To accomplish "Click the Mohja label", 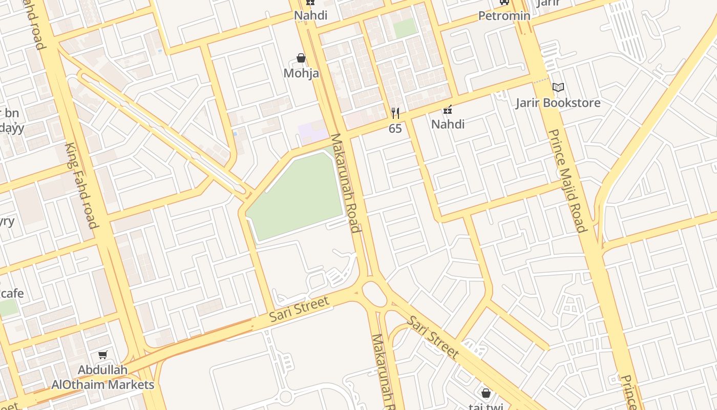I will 301,73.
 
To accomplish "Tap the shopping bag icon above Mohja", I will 301,58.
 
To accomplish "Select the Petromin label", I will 504,16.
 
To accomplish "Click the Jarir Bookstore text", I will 558,102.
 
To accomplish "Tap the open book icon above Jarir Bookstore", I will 558,88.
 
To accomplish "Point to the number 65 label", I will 395,129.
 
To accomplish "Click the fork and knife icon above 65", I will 395,113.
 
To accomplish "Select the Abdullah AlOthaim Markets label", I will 102,377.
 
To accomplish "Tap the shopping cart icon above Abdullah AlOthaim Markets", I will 102,355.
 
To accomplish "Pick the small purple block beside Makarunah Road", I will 312,133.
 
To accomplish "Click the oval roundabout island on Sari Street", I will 375,294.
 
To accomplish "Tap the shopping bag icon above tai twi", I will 486,393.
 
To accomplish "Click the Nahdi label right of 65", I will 448,124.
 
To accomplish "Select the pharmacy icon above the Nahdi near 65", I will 448,110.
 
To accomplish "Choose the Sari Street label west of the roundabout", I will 299,310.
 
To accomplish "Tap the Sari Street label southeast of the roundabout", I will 433,337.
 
